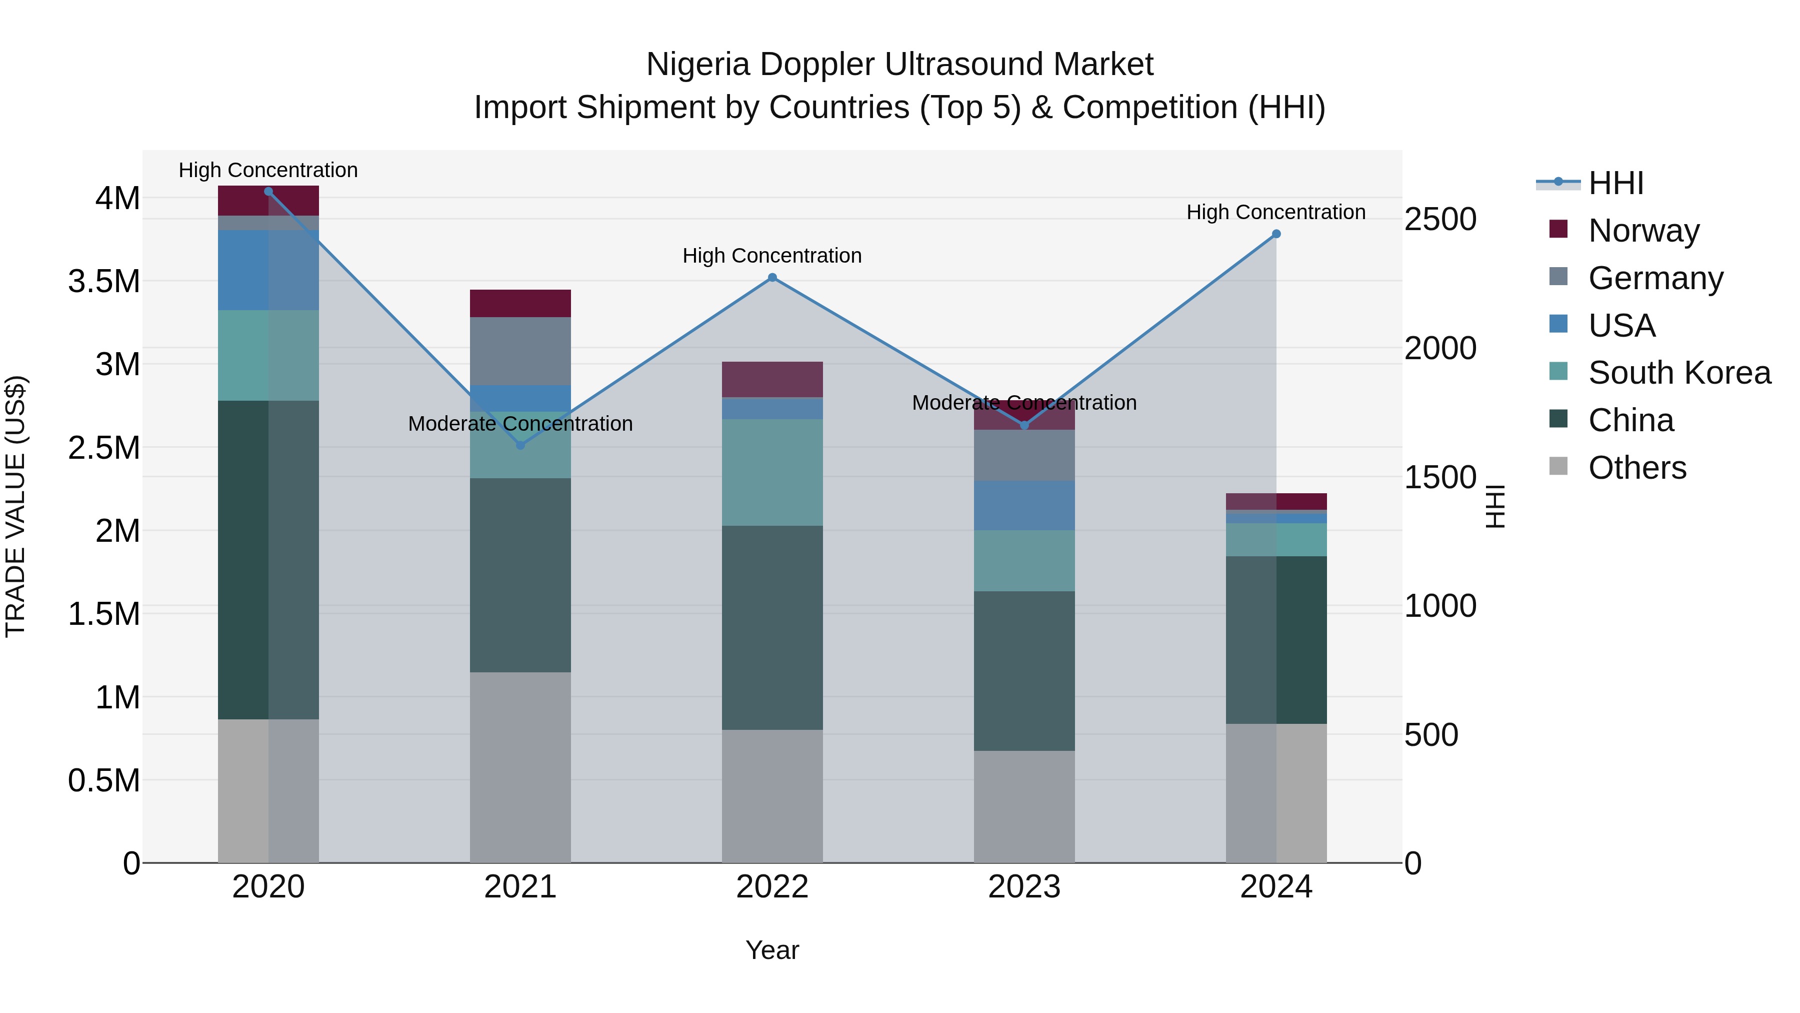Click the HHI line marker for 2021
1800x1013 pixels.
520,445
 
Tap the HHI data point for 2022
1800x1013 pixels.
772,278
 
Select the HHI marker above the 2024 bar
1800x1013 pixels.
1276,234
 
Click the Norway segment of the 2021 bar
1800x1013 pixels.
520,304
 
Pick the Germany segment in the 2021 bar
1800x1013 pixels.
520,351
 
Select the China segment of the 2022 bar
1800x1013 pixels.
772,627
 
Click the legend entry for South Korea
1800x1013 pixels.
1678,373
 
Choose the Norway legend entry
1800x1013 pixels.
1643,230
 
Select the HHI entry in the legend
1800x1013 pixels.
1615,183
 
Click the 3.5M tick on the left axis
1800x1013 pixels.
104,281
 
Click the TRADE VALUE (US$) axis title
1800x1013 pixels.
15,506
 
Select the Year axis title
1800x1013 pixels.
772,950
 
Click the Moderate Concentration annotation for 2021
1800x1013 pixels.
520,424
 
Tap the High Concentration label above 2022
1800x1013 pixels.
772,256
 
